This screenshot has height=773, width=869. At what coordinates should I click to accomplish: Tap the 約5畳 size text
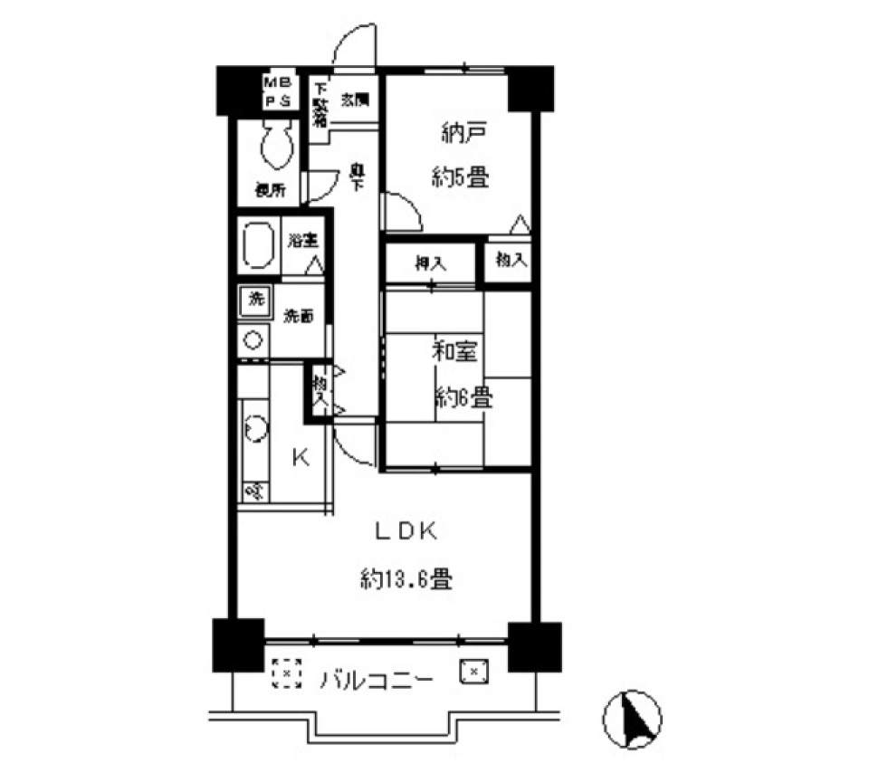click(x=462, y=177)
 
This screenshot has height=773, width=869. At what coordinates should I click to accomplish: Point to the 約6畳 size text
click(x=463, y=396)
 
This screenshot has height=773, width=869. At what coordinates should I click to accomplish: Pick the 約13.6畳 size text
click(x=405, y=577)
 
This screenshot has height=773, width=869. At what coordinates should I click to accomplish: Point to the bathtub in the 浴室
click(x=260, y=244)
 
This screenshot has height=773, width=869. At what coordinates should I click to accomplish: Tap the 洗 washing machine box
click(x=254, y=301)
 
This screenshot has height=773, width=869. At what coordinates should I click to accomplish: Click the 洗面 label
click(x=299, y=316)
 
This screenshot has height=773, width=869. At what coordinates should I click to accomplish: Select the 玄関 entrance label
click(x=354, y=101)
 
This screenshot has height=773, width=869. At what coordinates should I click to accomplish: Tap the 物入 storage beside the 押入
click(x=510, y=260)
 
